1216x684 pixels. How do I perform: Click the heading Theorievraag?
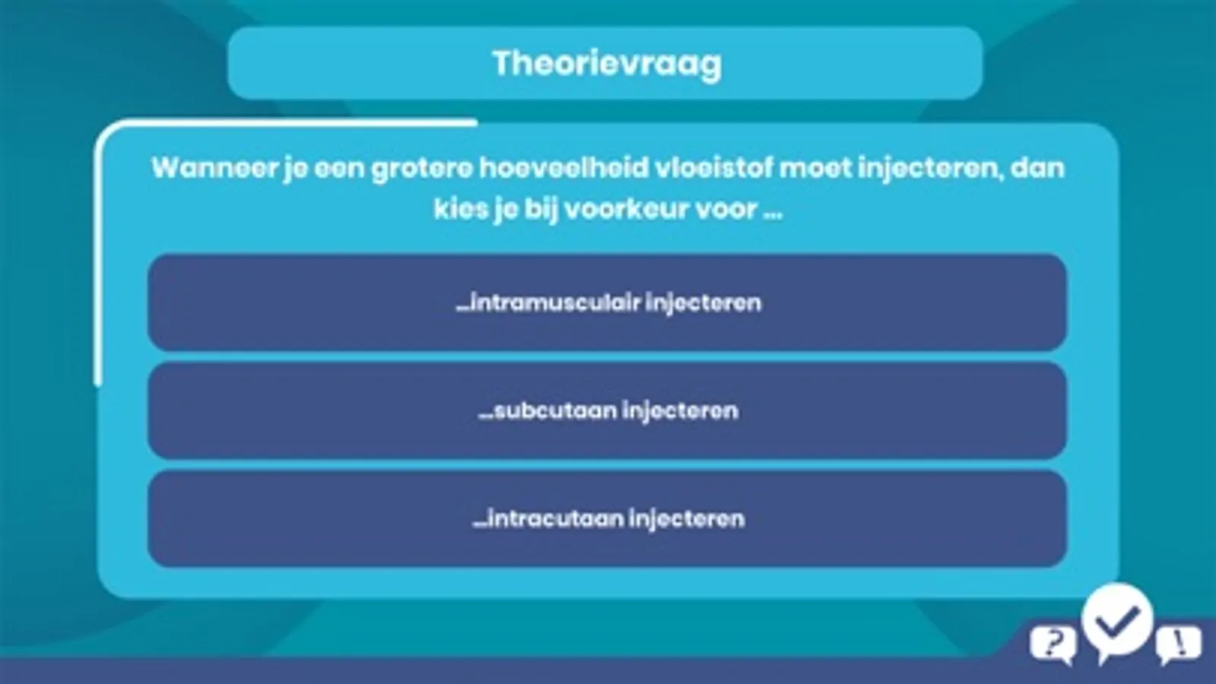[607, 64]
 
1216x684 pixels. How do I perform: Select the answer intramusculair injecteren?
[607, 302]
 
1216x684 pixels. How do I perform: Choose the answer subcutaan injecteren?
[607, 410]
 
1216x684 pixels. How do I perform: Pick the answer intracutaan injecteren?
[607, 518]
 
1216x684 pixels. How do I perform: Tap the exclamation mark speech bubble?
[1179, 645]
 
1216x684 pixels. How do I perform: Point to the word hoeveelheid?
[564, 168]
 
